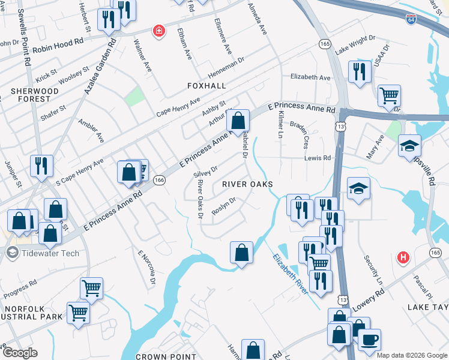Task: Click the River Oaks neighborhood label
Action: click(x=247, y=184)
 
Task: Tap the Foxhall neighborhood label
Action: click(x=206, y=86)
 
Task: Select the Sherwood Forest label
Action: click(x=34, y=95)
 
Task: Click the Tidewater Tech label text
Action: click(x=51, y=253)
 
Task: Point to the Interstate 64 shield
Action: click(x=411, y=19)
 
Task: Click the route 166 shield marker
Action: click(x=159, y=180)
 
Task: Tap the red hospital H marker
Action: click(x=403, y=257)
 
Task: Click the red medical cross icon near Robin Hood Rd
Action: click(x=158, y=30)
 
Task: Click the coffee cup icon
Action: click(x=369, y=339)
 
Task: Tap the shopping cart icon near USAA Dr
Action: click(x=389, y=95)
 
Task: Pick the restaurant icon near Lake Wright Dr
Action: click(x=360, y=70)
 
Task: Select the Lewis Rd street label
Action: click(x=319, y=158)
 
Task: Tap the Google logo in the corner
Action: click(x=20, y=353)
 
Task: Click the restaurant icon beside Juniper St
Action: click(x=41, y=165)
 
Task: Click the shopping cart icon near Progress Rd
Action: click(x=91, y=288)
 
